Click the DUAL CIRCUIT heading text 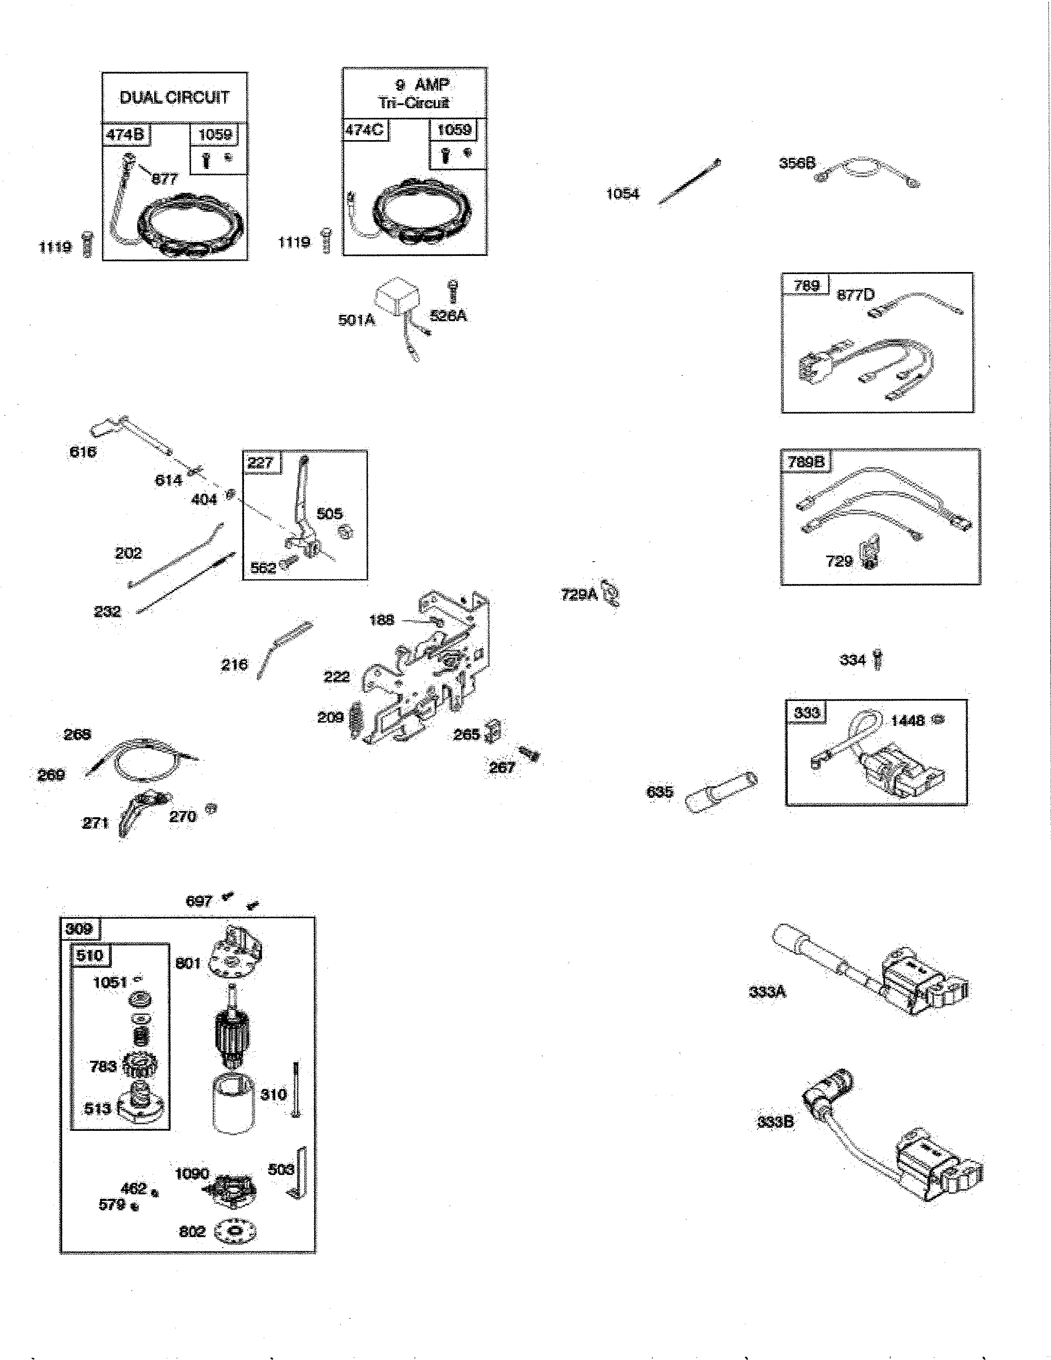click(x=174, y=97)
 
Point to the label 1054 click(x=623, y=194)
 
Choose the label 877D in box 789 click(x=856, y=295)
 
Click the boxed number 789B click(x=806, y=462)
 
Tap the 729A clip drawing click(x=611, y=595)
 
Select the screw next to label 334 click(x=878, y=659)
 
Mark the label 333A click(x=767, y=991)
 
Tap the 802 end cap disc click(x=235, y=1231)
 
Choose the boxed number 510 click(x=90, y=955)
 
